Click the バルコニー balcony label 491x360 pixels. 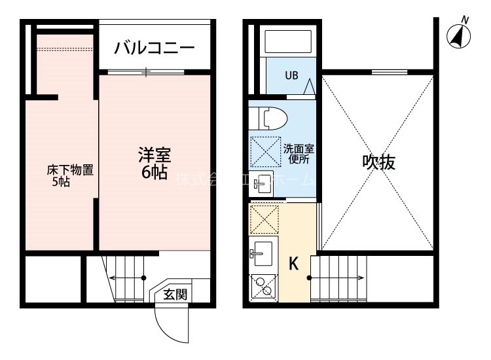(155, 47)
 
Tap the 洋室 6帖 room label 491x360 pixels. (155, 164)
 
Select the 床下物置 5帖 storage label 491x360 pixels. (69, 176)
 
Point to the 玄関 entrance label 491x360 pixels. (175, 294)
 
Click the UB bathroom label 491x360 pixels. (291, 75)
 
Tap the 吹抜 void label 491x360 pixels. (379, 162)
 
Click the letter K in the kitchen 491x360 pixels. (294, 264)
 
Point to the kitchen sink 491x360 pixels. (263, 251)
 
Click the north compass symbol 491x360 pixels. (459, 35)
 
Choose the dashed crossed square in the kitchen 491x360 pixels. (264, 219)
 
